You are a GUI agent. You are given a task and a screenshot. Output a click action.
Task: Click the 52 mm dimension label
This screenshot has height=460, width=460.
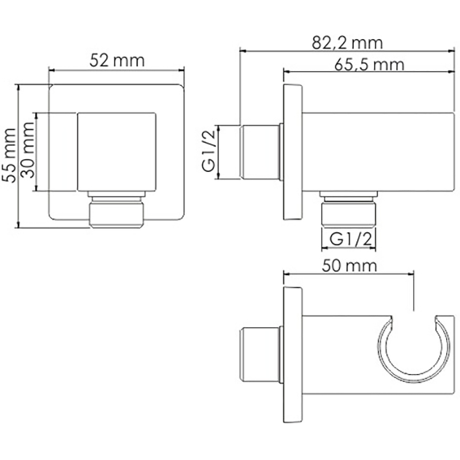(x=117, y=61)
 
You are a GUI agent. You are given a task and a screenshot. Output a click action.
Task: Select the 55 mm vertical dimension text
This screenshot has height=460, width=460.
(x=9, y=155)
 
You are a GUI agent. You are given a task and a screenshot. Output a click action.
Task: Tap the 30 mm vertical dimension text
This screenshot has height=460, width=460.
(x=28, y=150)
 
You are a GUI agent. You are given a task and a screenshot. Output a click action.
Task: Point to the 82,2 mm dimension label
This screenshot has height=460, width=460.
(x=347, y=43)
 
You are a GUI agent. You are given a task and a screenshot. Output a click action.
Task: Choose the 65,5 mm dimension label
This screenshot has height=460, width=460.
(x=369, y=64)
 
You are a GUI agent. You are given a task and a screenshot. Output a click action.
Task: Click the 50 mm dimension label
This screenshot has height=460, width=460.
(x=349, y=266)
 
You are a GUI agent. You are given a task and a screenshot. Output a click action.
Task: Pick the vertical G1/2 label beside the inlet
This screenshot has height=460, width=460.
(x=209, y=151)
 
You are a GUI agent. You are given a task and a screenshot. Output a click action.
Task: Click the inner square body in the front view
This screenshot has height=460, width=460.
(x=117, y=152)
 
